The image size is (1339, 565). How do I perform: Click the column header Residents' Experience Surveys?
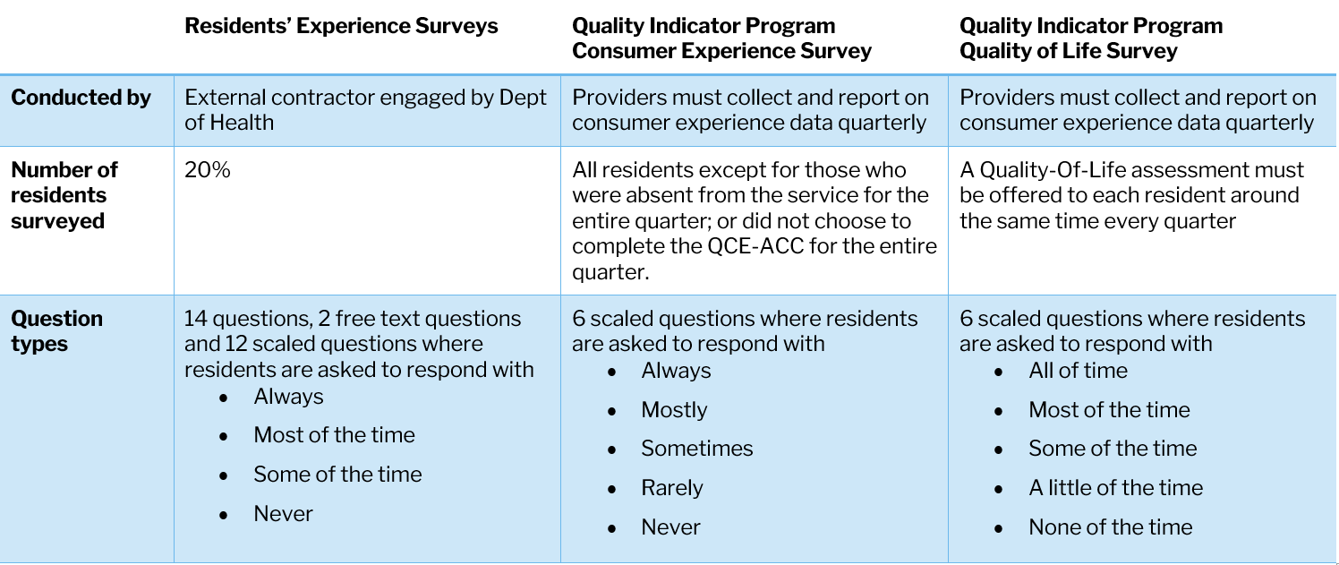pyautogui.click(x=341, y=26)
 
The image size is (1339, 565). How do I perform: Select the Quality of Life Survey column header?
pyautogui.click(x=1090, y=39)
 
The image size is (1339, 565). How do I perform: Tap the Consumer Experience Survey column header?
pyautogui.click(x=721, y=39)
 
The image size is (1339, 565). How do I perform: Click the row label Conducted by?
pyautogui.click(x=81, y=98)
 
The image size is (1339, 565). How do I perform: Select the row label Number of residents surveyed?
pyautogui.click(x=64, y=195)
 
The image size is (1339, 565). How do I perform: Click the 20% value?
pyautogui.click(x=208, y=170)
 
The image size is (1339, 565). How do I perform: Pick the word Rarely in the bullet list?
pyautogui.click(x=672, y=488)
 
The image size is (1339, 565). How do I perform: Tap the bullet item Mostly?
pyautogui.click(x=674, y=410)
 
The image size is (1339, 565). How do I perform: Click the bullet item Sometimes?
pyautogui.click(x=697, y=449)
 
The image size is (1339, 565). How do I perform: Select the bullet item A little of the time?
pyautogui.click(x=1115, y=488)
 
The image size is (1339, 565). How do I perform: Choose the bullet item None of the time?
pyautogui.click(x=1110, y=527)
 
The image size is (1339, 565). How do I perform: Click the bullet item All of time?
pyautogui.click(x=1078, y=371)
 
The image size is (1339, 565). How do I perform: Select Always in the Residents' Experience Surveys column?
pyautogui.click(x=288, y=397)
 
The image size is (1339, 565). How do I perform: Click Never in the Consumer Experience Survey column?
pyautogui.click(x=670, y=527)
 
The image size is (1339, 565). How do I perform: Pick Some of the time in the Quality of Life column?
pyautogui.click(x=1113, y=449)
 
